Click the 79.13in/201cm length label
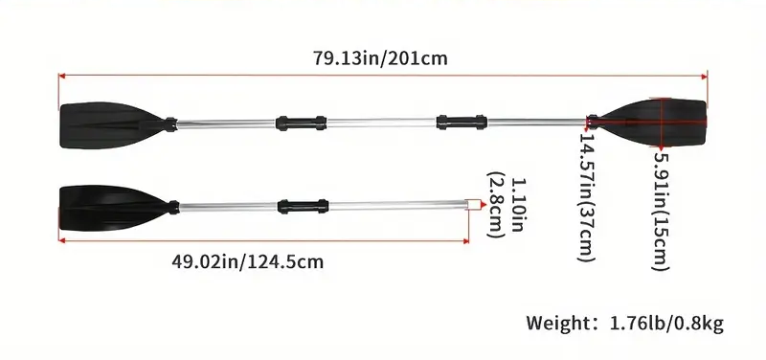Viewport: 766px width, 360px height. pos(380,58)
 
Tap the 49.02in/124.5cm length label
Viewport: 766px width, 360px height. pos(247,261)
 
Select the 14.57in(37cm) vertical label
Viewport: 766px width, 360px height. pos(587,197)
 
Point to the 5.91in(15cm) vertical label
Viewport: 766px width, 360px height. pos(662,211)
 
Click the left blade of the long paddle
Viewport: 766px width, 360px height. pos(111,124)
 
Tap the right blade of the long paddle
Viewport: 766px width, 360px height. pos(653,123)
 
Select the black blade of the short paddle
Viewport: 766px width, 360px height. pos(113,207)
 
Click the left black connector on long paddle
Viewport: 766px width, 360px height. pos(301,124)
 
